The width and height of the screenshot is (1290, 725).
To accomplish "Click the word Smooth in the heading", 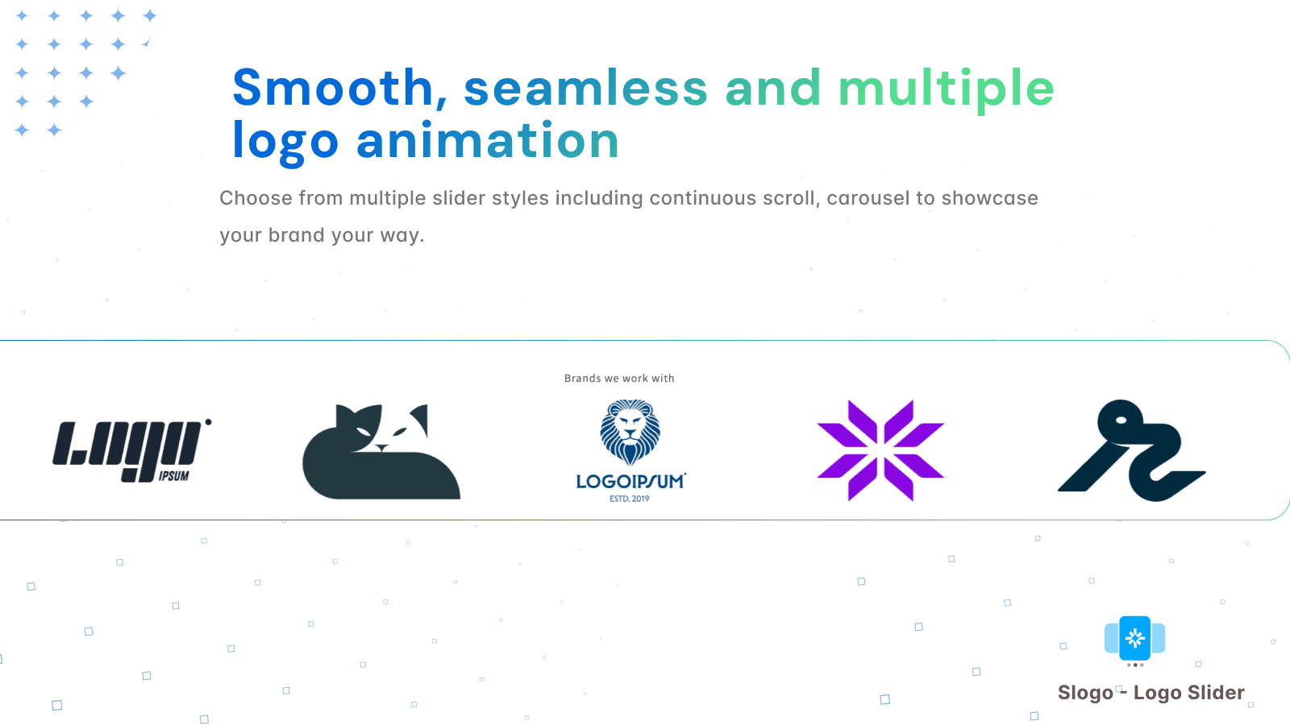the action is click(x=333, y=88).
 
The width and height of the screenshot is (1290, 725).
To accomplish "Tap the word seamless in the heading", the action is click(x=585, y=88).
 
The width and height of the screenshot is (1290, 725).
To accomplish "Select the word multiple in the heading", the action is click(x=947, y=89).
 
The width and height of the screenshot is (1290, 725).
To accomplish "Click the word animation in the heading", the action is click(x=487, y=140).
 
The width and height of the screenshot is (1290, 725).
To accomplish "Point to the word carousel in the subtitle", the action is click(x=868, y=198).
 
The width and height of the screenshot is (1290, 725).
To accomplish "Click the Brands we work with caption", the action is click(x=619, y=378).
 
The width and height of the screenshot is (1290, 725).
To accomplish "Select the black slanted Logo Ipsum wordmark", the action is click(x=132, y=450).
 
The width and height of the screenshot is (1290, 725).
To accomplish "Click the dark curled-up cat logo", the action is click(x=381, y=452).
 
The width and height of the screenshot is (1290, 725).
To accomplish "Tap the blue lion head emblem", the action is click(x=630, y=432).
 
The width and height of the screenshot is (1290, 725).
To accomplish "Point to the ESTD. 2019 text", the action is click(x=630, y=499).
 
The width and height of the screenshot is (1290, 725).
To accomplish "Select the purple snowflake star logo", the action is click(x=880, y=450).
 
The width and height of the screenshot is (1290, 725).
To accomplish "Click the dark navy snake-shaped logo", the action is click(x=1132, y=450).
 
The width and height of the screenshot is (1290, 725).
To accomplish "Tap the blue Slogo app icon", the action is click(x=1135, y=638).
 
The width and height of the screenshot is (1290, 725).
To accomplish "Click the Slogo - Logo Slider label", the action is click(x=1151, y=693).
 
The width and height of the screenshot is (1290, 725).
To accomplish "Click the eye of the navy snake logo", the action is click(x=1121, y=420).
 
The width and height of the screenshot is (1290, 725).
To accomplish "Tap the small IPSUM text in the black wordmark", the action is click(x=174, y=476).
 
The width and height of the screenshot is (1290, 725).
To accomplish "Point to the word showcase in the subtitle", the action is click(x=989, y=198).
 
